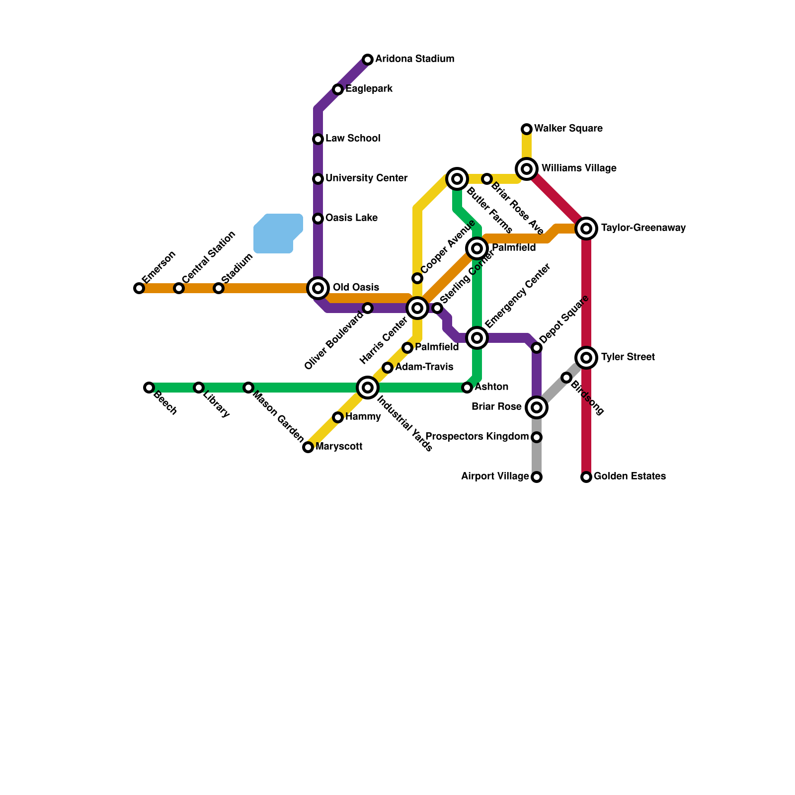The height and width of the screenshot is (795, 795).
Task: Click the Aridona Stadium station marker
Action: (368, 60)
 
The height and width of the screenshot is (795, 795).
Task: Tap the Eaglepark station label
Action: (369, 89)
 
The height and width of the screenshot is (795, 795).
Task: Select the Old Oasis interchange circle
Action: (318, 288)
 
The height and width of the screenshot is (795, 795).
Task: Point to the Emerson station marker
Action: (139, 288)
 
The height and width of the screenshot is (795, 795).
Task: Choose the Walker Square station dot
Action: (527, 129)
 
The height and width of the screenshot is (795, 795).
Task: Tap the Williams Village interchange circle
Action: (527, 169)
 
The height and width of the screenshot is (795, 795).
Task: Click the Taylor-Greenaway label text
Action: (643, 228)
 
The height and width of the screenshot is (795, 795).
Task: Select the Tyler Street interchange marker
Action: (586, 358)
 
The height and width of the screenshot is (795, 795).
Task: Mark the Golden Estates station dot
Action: (586, 477)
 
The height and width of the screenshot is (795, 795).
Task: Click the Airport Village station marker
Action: (537, 477)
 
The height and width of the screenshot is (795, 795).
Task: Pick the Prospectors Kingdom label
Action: (477, 437)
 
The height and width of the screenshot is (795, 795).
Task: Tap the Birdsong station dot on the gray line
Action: (566, 378)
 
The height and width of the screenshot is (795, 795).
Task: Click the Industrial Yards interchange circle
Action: (368, 388)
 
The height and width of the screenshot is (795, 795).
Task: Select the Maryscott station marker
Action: (308, 447)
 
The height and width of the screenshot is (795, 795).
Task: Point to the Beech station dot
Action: (149, 388)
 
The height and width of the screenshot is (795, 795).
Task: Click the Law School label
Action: (353, 138)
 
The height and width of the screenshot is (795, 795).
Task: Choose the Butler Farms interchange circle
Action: (457, 179)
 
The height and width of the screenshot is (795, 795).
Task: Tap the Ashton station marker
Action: (467, 388)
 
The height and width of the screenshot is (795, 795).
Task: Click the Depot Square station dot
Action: (537, 348)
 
